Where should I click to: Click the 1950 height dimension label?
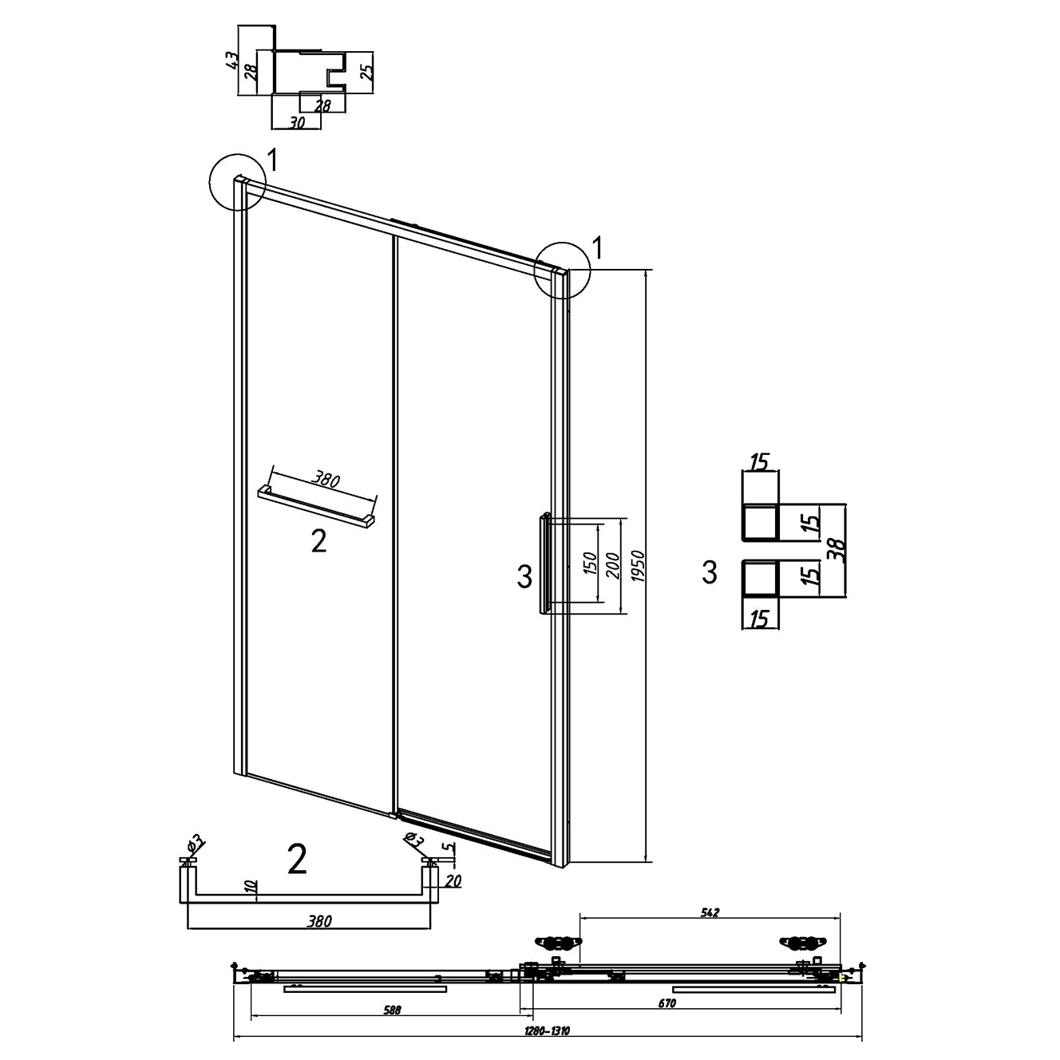(639, 565)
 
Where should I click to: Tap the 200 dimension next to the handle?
(613, 565)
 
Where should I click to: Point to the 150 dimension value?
(589, 564)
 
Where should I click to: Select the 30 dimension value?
(296, 122)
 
